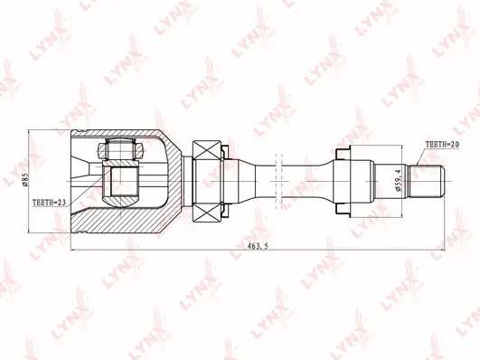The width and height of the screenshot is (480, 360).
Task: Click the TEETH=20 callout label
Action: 442,145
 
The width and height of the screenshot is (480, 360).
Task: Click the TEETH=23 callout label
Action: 50,203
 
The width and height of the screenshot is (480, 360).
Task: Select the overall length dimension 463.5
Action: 258,246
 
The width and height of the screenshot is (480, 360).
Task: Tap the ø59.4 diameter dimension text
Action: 398,182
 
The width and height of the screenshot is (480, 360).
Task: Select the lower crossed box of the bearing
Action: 207,213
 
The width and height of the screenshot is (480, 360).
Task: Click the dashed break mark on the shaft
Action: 279,181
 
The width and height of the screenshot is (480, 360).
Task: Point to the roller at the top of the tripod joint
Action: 120,149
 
